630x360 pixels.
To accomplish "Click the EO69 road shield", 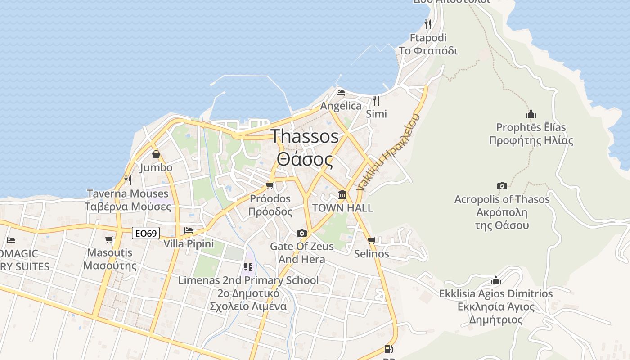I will [x=146, y=233].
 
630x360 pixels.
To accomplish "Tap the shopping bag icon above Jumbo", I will [x=156, y=154].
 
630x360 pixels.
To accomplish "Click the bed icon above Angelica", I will [x=341, y=93].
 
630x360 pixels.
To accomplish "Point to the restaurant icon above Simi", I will [x=376, y=100].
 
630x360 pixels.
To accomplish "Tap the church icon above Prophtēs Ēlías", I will [x=531, y=114].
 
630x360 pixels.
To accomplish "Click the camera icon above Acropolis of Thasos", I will [x=502, y=186].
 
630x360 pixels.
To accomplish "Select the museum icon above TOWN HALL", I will [x=342, y=194].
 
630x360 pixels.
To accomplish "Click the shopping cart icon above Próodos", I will [x=270, y=185].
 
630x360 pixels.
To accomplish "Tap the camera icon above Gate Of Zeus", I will [x=302, y=233].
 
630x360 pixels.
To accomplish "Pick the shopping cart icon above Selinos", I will [x=371, y=241].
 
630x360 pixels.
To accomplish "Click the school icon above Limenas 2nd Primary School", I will [x=248, y=267].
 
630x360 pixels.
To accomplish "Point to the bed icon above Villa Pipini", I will [x=189, y=230].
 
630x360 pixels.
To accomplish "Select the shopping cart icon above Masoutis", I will [x=109, y=239].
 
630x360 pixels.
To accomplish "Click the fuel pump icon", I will [x=388, y=349].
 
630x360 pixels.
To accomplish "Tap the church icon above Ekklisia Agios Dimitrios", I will [x=496, y=280].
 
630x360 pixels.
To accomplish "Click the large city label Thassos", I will [x=305, y=136].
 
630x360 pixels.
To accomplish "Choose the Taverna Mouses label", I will [x=128, y=194].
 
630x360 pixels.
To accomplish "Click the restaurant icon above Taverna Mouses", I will [x=128, y=180].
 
